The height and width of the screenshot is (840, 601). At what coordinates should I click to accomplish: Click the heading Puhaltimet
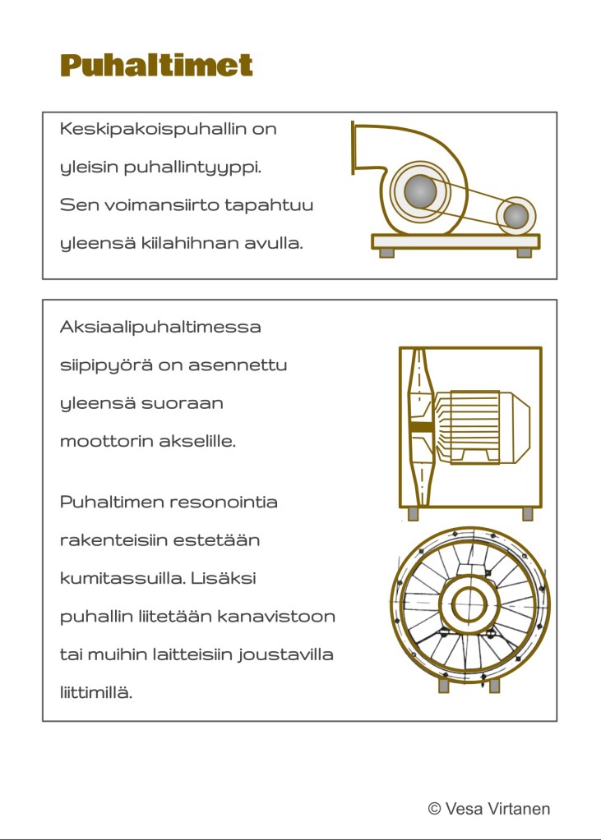[x=156, y=65]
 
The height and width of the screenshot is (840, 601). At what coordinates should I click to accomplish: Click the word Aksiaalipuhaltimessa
[x=160, y=327]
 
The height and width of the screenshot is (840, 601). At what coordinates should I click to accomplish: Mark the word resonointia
[x=224, y=502]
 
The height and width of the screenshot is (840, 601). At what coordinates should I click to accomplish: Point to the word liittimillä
[x=96, y=692]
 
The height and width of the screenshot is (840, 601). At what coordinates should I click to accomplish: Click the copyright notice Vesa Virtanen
[x=489, y=809]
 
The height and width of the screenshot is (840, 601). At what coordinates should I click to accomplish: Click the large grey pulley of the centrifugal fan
[x=420, y=191]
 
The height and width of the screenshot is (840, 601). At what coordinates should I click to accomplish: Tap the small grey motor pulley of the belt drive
[x=515, y=215]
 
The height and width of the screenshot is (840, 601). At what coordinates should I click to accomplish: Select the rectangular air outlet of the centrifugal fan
[x=354, y=148]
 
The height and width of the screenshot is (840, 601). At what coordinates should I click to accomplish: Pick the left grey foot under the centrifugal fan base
[x=386, y=253]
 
